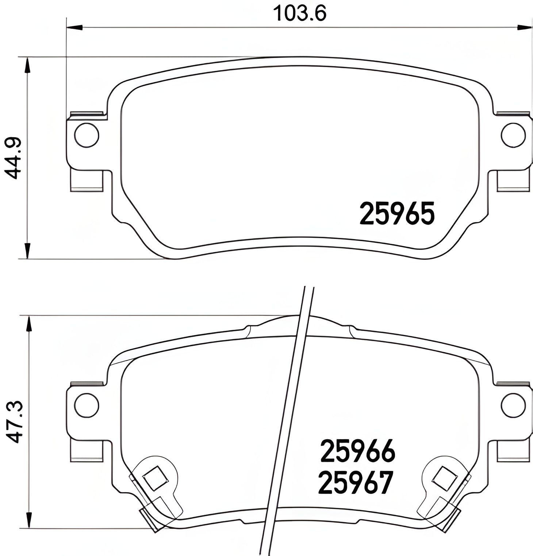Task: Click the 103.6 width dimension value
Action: click(x=299, y=13)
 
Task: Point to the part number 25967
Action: click(x=356, y=482)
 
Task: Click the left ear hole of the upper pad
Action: click(x=87, y=135)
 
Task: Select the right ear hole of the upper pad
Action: click(x=513, y=135)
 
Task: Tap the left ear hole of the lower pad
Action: click(x=87, y=405)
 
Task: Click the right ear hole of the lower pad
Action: click(x=513, y=405)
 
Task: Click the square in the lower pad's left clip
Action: click(x=156, y=478)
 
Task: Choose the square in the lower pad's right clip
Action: click(x=444, y=478)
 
